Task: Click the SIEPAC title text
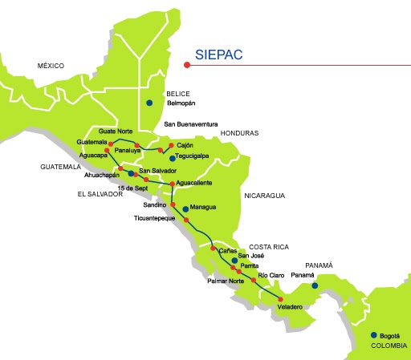(219, 55)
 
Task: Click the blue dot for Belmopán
(149, 103)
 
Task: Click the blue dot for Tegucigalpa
(172, 159)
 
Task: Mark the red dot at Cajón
(171, 145)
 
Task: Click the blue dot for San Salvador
(131, 172)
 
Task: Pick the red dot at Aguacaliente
(172, 184)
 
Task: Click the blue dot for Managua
(186, 208)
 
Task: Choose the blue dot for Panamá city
(315, 285)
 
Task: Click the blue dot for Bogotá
(373, 335)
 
